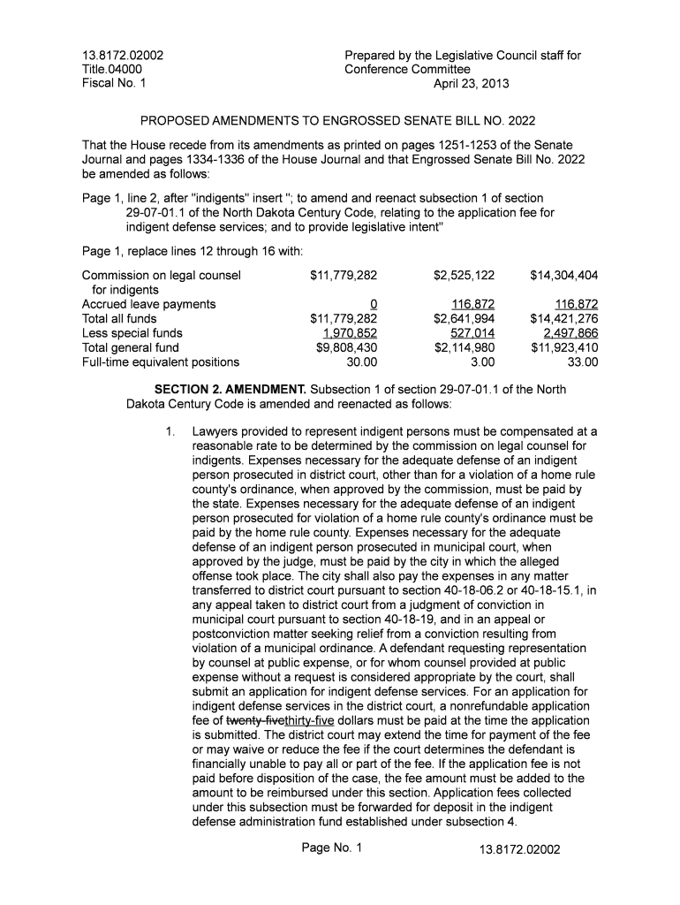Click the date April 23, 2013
tap(471, 84)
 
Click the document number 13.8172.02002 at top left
tap(123, 56)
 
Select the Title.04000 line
tap(111, 70)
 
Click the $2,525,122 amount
tap(464, 276)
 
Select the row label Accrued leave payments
tap(148, 304)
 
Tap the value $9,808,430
tap(346, 347)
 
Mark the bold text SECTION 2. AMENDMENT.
tap(230, 390)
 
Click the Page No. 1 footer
tap(331, 848)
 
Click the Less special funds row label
tap(132, 333)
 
